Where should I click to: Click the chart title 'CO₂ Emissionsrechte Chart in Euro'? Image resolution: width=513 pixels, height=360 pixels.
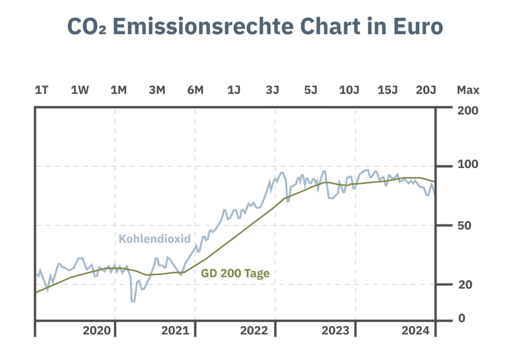click(255, 27)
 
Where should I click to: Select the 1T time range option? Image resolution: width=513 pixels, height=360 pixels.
click(42, 90)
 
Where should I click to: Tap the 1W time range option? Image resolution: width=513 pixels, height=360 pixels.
click(80, 90)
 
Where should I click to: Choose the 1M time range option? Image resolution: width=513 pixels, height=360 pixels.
click(119, 90)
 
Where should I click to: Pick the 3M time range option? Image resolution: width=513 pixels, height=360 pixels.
click(157, 90)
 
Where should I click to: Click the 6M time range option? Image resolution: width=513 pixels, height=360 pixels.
click(195, 90)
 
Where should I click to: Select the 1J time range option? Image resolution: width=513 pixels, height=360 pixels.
click(234, 90)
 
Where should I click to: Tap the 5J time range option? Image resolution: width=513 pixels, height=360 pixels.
click(311, 90)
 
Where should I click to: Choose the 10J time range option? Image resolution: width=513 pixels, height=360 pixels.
click(349, 90)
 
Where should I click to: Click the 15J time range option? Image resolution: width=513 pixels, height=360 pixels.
click(388, 90)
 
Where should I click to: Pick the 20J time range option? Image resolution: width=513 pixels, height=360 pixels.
click(426, 90)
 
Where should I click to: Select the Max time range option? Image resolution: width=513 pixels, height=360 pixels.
click(468, 90)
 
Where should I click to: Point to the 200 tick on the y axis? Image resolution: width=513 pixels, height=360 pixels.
click(467, 110)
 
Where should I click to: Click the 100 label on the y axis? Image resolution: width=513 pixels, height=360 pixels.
click(467, 165)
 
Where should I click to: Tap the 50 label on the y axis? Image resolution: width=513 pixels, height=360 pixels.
click(464, 226)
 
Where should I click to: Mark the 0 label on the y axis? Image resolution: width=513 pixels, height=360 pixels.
click(461, 318)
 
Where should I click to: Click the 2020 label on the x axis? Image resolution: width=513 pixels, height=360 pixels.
click(96, 331)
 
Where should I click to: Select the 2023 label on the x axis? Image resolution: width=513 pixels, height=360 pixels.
click(335, 331)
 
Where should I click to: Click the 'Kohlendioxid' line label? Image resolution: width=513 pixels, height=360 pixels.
click(154, 239)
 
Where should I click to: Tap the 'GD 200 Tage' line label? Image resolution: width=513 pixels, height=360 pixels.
click(235, 273)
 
